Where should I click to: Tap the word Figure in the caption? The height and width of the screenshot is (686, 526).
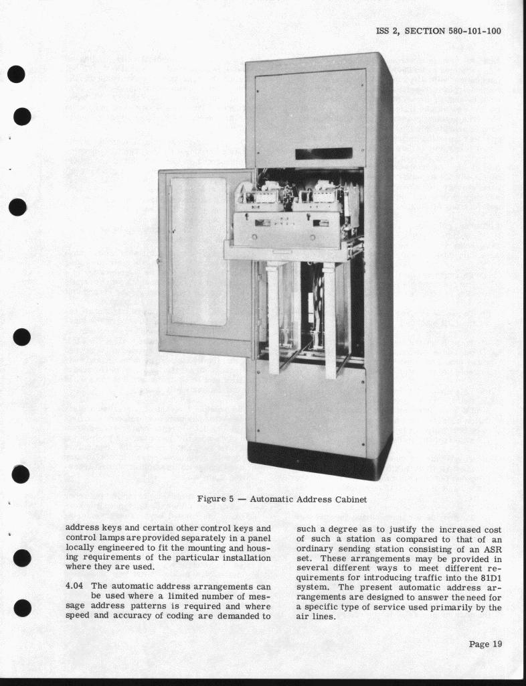[212, 499]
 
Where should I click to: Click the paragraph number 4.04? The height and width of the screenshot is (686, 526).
[76, 586]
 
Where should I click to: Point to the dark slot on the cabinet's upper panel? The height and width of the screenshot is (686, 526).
[324, 153]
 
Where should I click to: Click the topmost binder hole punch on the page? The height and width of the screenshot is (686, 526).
[17, 73]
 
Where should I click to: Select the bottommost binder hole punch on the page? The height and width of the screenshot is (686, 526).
[22, 608]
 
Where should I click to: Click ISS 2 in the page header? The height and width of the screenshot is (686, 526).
[387, 31]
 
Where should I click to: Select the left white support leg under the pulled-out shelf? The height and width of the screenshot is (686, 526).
[273, 315]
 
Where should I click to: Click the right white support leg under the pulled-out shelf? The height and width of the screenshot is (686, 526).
[329, 318]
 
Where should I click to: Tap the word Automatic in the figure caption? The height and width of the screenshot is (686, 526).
[272, 499]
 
